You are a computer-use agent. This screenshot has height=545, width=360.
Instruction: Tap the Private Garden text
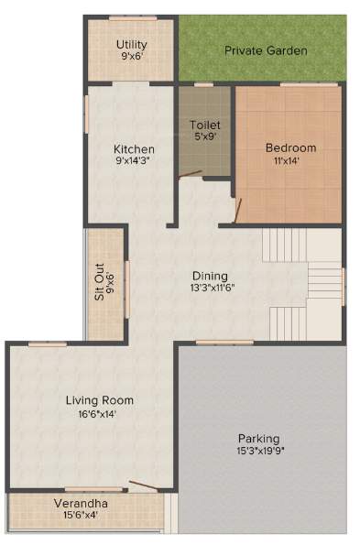coord(267,50)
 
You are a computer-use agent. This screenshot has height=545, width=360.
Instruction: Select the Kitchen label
coord(134,149)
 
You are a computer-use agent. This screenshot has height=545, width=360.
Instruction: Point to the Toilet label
coord(205,125)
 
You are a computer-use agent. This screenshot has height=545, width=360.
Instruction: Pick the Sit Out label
coord(99,282)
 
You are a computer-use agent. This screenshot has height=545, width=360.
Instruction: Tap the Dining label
coord(210,276)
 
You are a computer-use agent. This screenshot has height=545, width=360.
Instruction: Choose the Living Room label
coord(100,400)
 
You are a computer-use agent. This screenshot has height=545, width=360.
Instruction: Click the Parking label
coord(258,438)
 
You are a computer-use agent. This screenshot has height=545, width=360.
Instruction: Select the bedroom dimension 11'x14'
coord(290,160)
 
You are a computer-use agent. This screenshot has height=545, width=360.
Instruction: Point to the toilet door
coord(191,174)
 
